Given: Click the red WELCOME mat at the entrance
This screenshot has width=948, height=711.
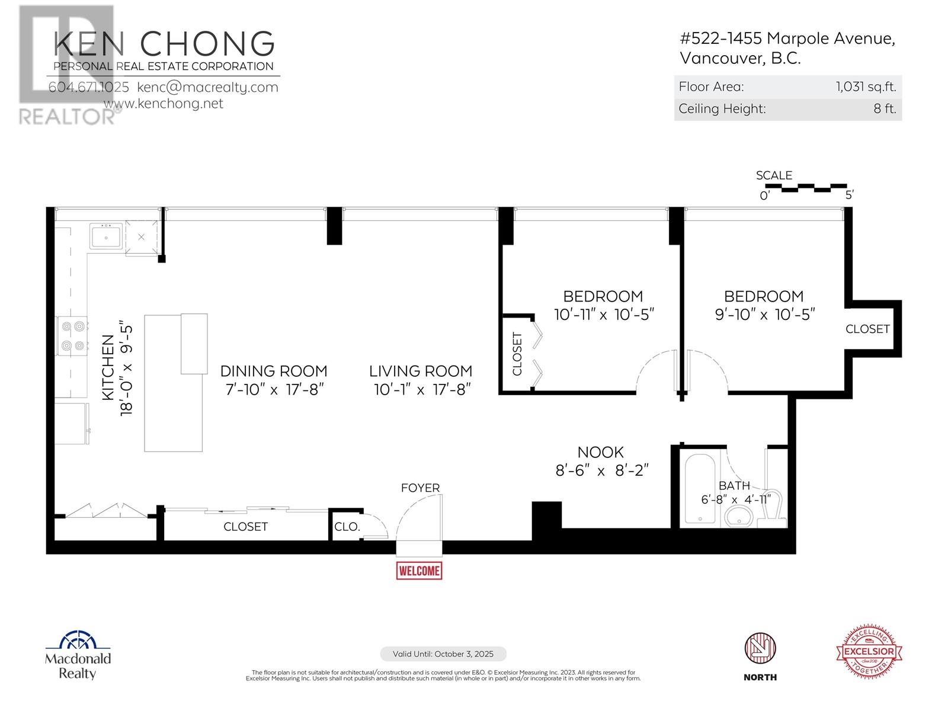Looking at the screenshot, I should click(x=419, y=570).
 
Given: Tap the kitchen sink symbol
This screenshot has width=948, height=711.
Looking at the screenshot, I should click(x=106, y=236).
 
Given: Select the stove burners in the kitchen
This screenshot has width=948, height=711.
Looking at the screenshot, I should click(x=72, y=336).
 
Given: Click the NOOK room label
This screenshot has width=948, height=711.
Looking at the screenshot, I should click(x=600, y=452).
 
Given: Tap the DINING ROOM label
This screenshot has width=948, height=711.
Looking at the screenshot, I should click(x=273, y=371).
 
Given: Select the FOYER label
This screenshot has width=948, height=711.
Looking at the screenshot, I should click(x=420, y=488).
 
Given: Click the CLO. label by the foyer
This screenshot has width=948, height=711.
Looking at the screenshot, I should click(x=347, y=527).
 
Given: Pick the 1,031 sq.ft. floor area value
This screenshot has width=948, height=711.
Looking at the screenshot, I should click(x=866, y=87).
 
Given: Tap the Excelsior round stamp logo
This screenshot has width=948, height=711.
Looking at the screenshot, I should click(x=869, y=650).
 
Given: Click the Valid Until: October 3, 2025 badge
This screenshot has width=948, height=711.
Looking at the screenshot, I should click(x=443, y=654).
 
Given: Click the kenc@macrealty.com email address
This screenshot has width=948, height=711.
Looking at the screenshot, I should click(x=207, y=87).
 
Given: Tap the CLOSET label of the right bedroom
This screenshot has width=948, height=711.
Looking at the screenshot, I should click(x=867, y=329).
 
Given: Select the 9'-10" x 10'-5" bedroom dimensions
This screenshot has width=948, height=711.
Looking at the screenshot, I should click(x=765, y=314).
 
